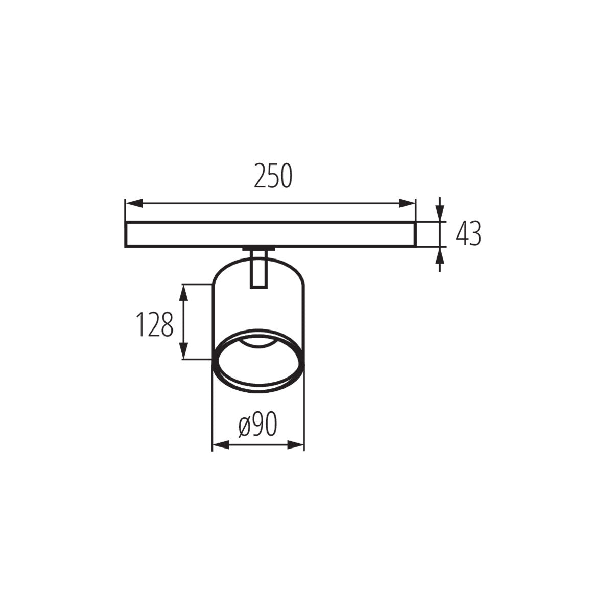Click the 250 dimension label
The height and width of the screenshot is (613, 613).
pyautogui.click(x=273, y=176)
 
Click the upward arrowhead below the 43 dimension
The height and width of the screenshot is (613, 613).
pyautogui.click(x=440, y=255)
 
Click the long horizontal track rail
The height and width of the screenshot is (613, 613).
pyautogui.click(x=270, y=234)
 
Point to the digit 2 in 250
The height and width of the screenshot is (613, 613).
pyautogui.click(x=261, y=176)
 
